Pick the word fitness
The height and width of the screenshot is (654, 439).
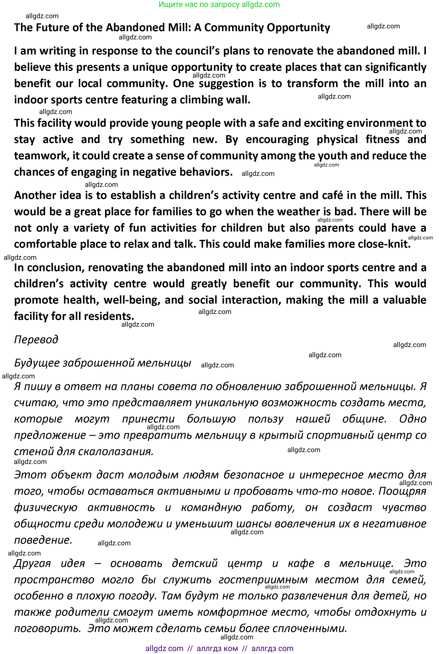tap(382, 139)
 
